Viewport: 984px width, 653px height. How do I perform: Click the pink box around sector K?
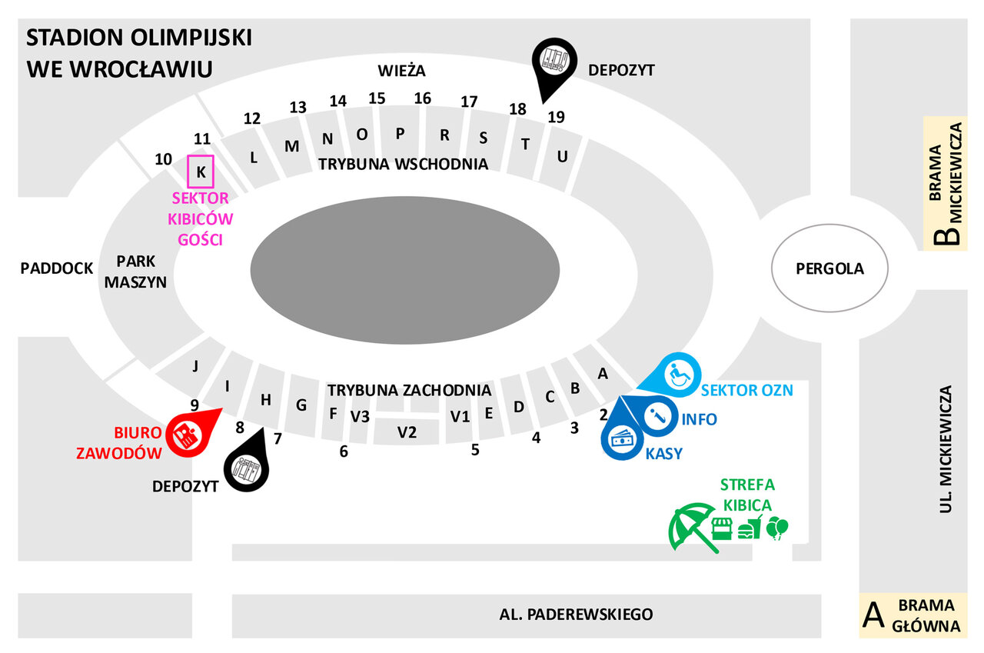click(201, 171)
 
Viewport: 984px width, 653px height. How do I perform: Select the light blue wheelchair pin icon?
click(676, 375)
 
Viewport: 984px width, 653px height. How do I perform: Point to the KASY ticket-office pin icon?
click(623, 439)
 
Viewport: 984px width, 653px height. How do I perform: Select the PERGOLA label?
click(829, 269)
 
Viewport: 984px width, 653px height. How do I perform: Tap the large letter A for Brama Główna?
click(872, 615)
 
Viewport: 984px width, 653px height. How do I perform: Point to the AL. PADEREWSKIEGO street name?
click(576, 615)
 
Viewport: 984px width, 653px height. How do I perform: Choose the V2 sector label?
click(407, 432)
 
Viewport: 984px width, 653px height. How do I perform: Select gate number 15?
click(377, 98)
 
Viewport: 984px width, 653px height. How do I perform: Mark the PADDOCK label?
click(56, 268)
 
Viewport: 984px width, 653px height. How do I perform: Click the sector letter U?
click(562, 156)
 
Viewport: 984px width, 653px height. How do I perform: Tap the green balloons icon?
click(778, 528)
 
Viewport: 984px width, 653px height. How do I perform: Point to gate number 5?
click(475, 450)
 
